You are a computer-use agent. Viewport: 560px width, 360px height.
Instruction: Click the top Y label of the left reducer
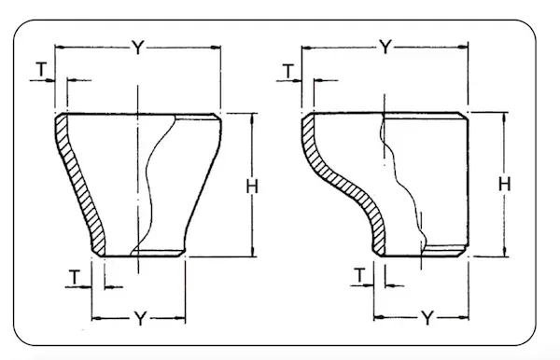pos(137,48)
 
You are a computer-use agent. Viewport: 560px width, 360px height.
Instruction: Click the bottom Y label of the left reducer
pos(137,317)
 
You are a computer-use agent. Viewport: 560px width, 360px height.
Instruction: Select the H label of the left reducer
pos(251,186)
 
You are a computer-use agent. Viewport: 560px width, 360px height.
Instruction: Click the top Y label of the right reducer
pos(385,48)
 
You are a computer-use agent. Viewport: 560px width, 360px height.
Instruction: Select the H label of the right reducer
pos(504,184)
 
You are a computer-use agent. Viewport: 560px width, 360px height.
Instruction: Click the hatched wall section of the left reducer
pos(77,182)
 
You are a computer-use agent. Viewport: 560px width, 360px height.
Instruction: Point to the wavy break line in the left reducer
pos(154,187)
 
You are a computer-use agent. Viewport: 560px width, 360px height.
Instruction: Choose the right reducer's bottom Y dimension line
pos(392,317)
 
